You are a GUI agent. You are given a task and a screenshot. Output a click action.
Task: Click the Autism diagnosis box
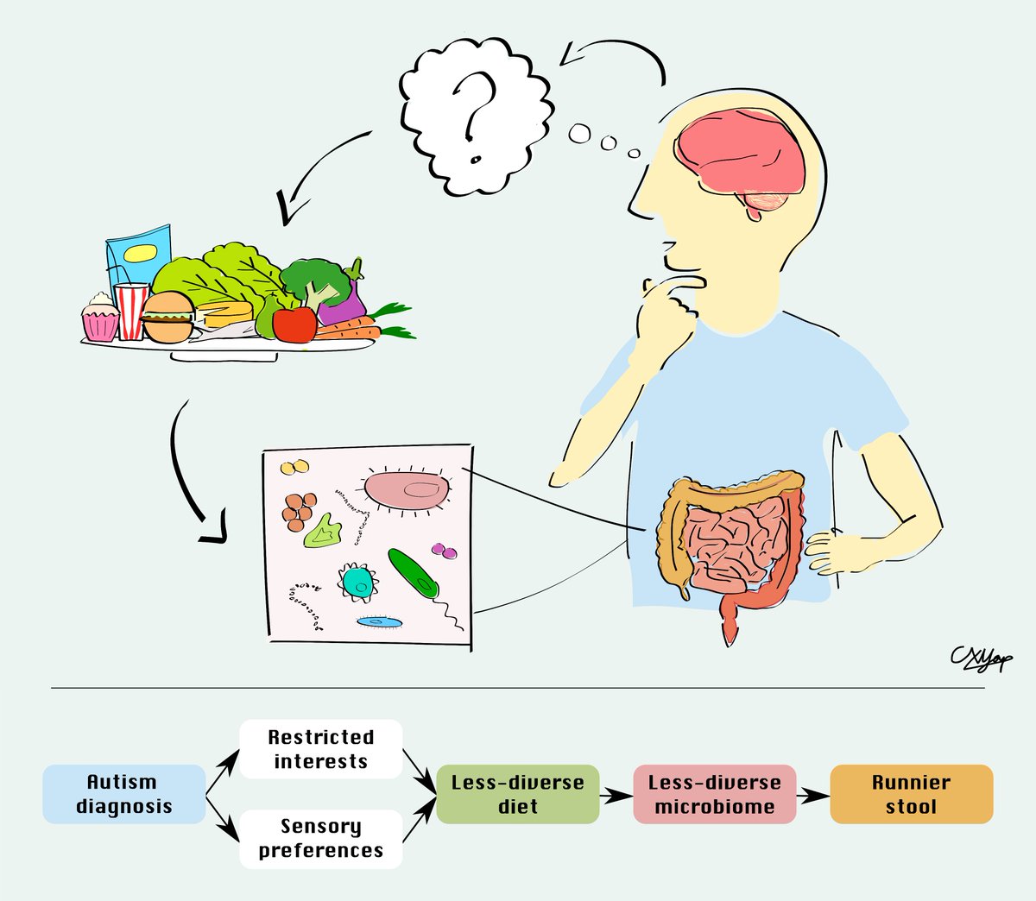(123, 794)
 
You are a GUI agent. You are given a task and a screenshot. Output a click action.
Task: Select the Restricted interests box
(320, 749)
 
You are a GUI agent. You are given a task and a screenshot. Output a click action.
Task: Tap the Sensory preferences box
(320, 839)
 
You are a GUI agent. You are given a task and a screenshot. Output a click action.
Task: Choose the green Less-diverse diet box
(517, 794)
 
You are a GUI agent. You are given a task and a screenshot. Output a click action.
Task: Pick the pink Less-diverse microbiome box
(714, 794)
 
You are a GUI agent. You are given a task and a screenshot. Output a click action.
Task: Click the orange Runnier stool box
(911, 794)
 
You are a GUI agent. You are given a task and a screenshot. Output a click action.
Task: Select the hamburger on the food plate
(167, 318)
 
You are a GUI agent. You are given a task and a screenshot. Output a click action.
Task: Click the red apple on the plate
(294, 324)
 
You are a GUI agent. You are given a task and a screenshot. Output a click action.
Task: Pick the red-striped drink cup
(131, 310)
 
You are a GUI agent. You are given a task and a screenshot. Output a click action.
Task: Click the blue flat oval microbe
(381, 621)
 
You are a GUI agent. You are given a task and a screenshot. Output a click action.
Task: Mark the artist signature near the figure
(981, 659)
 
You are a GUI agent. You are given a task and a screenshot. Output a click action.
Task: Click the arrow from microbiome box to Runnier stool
(812, 794)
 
